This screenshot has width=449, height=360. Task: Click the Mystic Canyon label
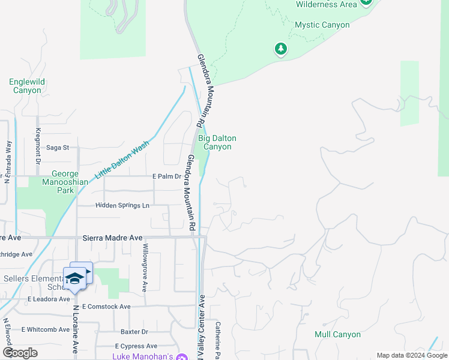coord(322,25)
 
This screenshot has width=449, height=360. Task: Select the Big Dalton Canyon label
coord(217,142)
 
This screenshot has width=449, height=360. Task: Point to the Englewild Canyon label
coord(25,86)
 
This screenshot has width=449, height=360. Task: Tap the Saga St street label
coord(58,147)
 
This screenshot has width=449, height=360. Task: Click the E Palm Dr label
coord(166,176)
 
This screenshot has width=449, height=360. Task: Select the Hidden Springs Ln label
coord(122,205)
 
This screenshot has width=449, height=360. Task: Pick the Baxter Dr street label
coord(134,331)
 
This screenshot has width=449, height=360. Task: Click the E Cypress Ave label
coord(136,346)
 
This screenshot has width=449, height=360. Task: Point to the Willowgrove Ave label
coord(145,268)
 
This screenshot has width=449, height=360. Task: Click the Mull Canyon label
coord(337,334)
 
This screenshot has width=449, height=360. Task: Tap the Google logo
coord(20,353)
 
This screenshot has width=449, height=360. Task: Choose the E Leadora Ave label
coord(49,298)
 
